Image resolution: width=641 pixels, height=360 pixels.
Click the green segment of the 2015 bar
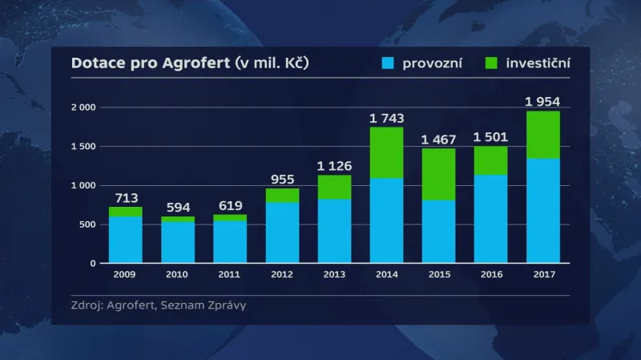pos(438,174)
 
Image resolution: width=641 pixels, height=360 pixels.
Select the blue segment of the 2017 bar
pos(542,210)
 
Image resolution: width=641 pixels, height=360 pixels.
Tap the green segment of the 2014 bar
pos(386,152)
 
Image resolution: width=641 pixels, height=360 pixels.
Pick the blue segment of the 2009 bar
pos(125,239)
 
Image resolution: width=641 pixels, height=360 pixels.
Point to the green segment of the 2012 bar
pos(282,195)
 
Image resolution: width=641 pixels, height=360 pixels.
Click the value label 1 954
pos(542,101)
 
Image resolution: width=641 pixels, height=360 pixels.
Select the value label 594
pos(177,207)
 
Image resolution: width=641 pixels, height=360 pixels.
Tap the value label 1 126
pos(334,166)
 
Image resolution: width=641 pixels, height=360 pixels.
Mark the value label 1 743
pos(386,118)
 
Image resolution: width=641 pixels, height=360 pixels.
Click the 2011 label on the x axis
pos(230,273)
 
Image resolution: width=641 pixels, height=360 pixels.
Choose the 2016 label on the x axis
pos(490,273)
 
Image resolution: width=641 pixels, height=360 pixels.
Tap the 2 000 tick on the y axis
pos(83,107)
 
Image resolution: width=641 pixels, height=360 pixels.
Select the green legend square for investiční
pos(491,63)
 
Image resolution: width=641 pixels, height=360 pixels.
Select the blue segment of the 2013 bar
pos(334,231)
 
